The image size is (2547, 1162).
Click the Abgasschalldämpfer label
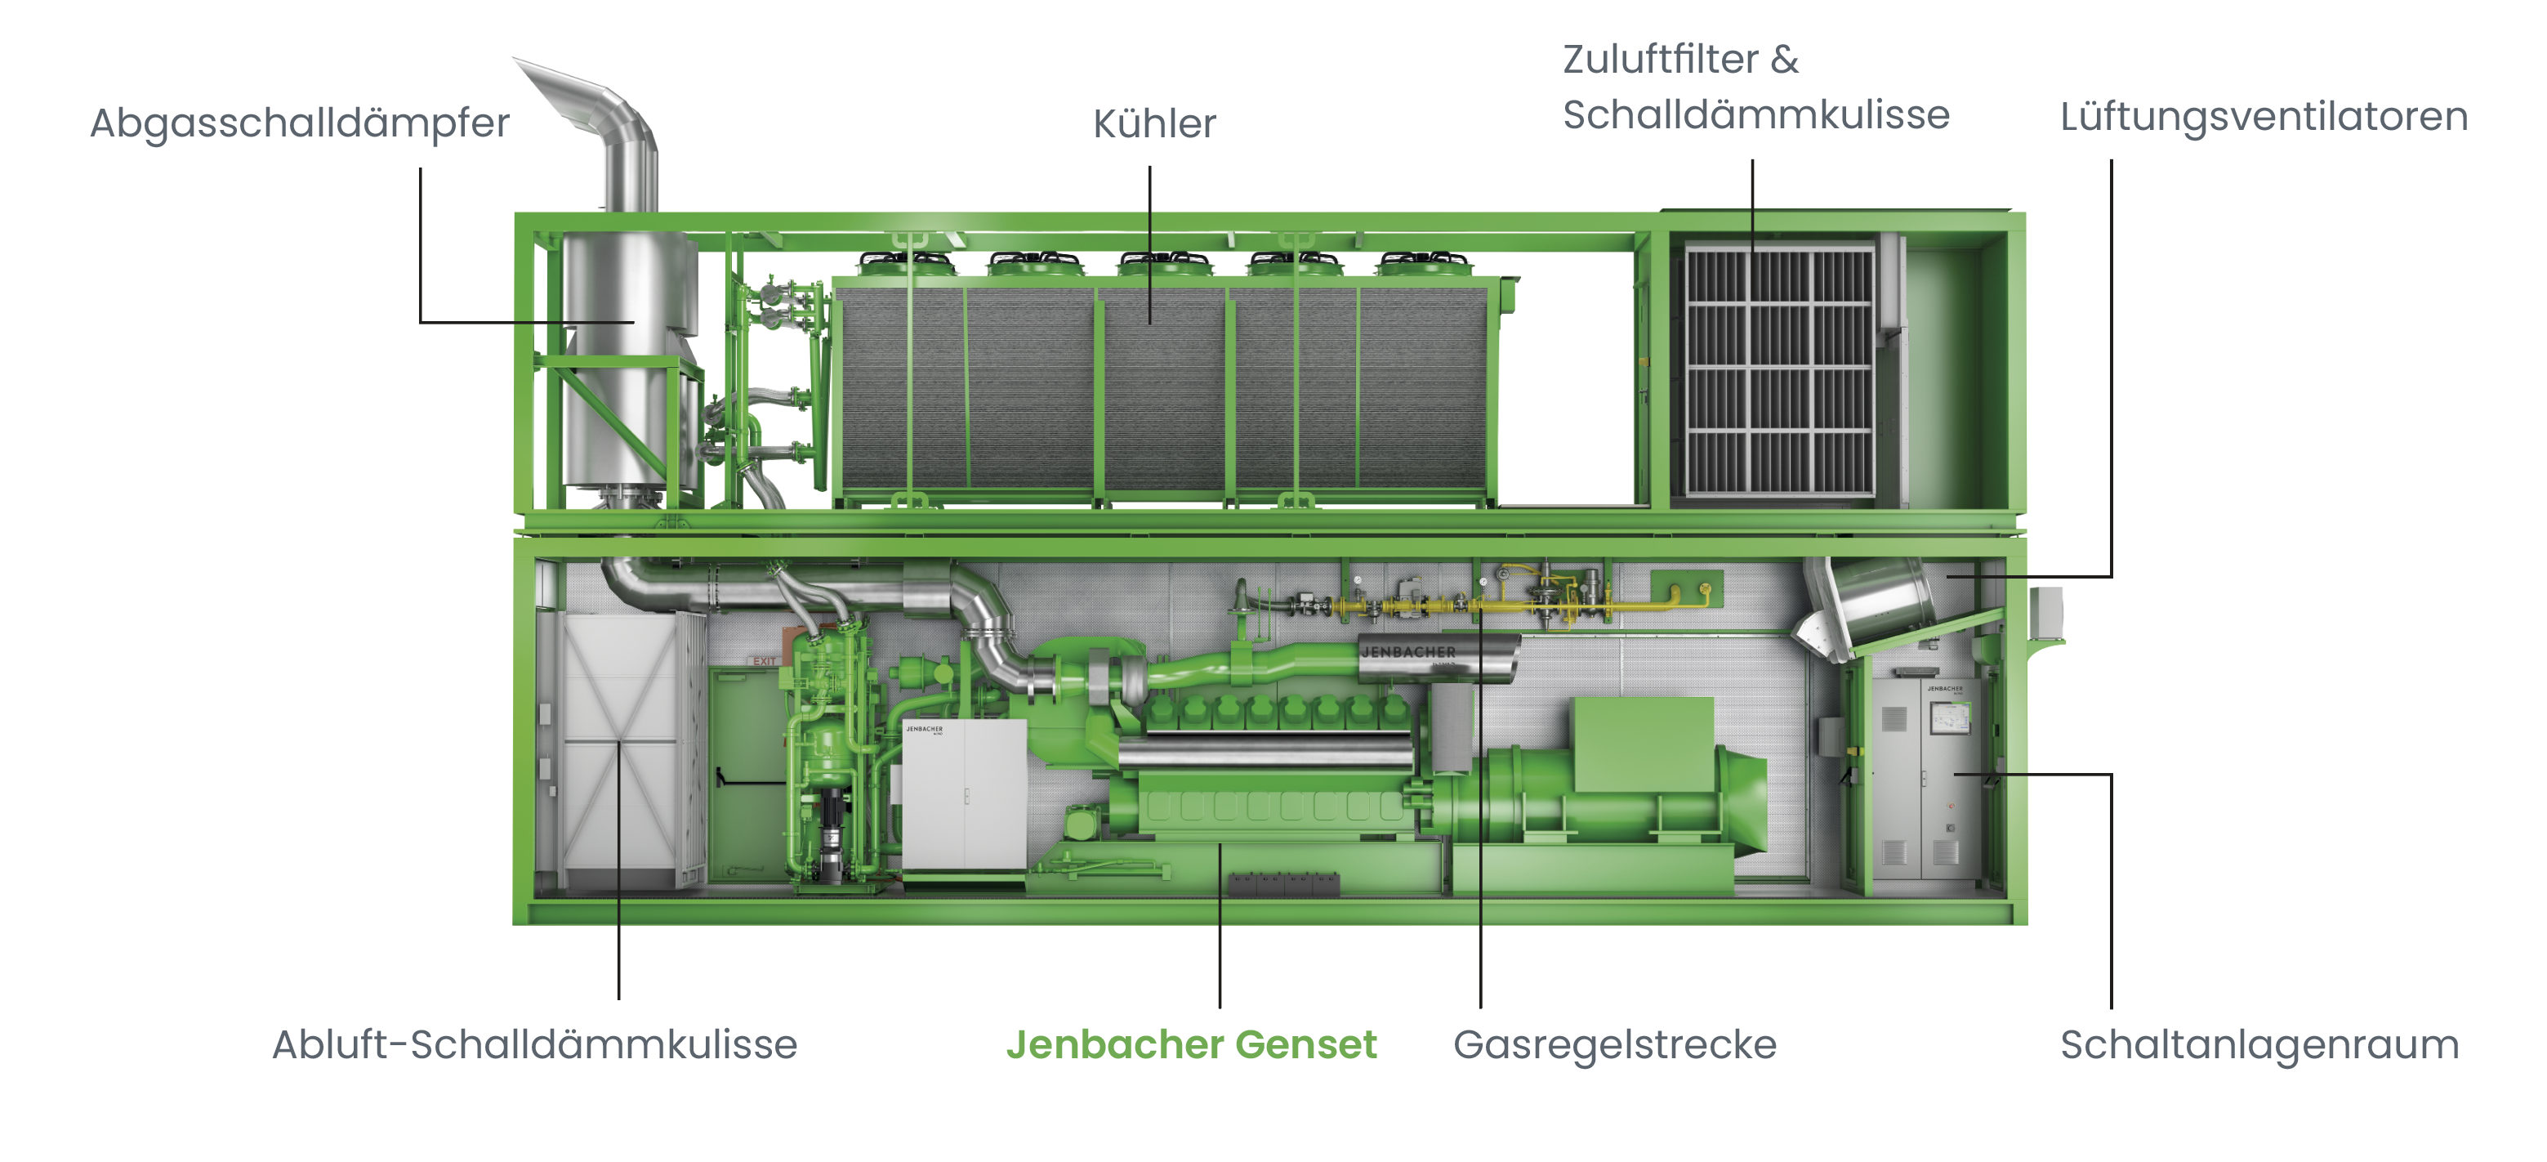300,123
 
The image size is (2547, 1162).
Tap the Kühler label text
1154,124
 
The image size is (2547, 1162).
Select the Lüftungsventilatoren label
2264,117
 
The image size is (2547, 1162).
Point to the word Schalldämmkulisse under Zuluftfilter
1755,116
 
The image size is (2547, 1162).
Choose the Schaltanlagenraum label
2259,1044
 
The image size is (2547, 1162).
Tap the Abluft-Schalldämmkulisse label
534,1044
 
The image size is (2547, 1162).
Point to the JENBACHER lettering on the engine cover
1408,652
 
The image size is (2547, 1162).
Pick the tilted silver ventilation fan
1874,603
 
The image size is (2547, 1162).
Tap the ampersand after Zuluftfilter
1784,60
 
